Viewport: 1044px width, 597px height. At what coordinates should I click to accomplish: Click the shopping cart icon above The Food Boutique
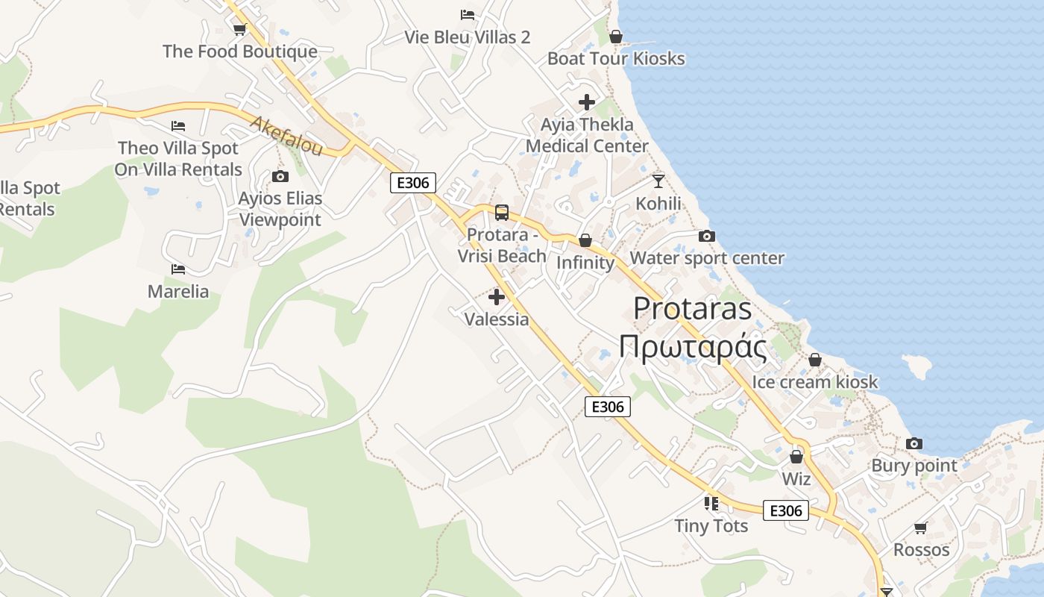[x=239, y=30]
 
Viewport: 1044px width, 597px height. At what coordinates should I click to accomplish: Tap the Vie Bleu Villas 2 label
[x=468, y=37]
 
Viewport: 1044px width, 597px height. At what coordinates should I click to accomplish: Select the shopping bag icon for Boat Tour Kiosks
[x=616, y=37]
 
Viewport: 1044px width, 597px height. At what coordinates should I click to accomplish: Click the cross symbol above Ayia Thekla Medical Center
[x=587, y=102]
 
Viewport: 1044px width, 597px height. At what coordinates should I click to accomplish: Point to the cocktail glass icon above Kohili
[x=658, y=181]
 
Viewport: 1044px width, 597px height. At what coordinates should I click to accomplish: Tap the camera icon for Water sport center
[x=707, y=237]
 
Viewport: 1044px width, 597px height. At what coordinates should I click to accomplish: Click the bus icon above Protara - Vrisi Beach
[x=502, y=213]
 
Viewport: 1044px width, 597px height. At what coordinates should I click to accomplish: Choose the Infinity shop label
[x=585, y=263]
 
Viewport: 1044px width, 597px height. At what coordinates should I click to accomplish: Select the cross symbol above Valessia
[x=497, y=297]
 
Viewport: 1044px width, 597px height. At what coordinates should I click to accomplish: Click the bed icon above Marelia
[x=177, y=269]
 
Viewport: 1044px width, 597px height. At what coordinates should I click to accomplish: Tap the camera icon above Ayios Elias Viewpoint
[x=280, y=177]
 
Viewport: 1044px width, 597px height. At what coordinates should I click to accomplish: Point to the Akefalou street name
[x=286, y=136]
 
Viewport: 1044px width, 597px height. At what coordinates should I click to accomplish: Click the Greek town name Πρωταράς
[x=693, y=347]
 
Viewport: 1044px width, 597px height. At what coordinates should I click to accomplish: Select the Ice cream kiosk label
[x=815, y=382]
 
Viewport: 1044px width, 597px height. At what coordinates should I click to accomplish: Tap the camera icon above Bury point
[x=914, y=444]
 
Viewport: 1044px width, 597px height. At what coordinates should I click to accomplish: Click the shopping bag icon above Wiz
[x=796, y=457]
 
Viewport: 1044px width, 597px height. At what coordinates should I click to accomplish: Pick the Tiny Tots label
[x=711, y=526]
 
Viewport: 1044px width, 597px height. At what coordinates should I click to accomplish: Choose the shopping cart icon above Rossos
[x=922, y=528]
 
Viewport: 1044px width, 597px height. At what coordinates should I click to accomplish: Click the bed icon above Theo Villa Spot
[x=177, y=126]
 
